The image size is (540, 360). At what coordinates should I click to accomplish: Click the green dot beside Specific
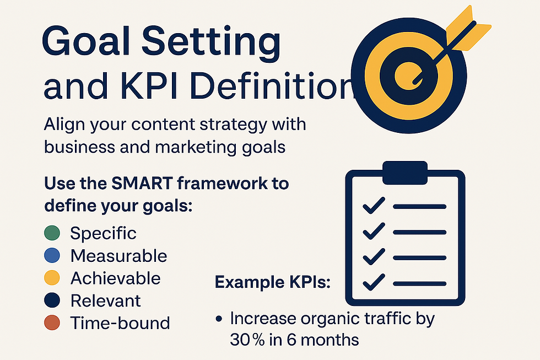51,233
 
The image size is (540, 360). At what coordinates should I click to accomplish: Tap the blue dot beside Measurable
51,256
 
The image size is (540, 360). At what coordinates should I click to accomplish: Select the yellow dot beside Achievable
51,278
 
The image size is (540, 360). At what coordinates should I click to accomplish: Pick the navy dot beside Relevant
51,301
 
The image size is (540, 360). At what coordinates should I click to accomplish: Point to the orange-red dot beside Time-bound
51,323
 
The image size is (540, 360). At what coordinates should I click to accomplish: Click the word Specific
103,233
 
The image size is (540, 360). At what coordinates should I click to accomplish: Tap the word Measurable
118,256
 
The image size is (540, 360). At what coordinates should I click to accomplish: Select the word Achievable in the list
115,278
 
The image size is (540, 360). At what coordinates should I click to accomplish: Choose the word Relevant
105,301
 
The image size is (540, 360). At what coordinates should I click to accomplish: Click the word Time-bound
120,323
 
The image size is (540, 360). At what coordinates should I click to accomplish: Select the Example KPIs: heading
272,283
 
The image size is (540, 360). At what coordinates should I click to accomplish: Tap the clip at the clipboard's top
404,172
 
